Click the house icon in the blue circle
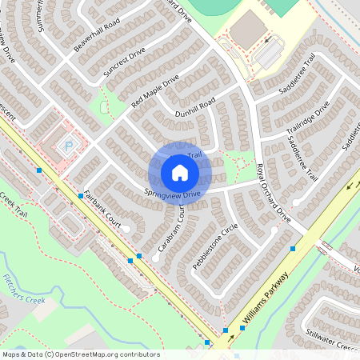[180, 173]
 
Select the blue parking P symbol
[68, 146]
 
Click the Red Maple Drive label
[155, 93]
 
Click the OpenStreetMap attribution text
[81, 354]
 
